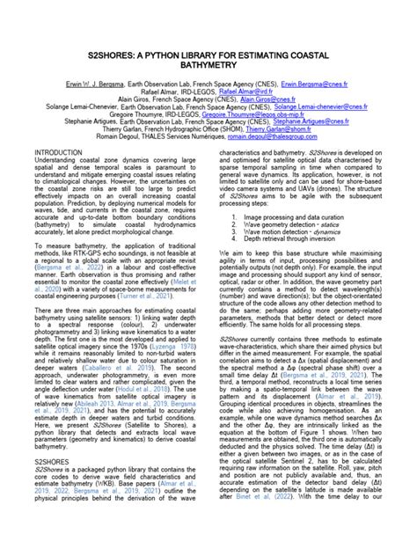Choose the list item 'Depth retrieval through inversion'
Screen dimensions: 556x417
pos(295,238)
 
